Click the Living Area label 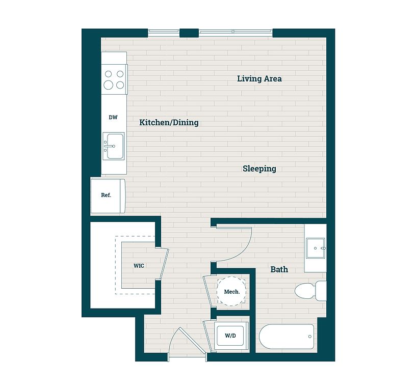tap(259, 79)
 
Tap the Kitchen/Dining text tap(169, 122)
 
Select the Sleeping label tap(259, 169)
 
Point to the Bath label tap(279, 269)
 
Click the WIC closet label tap(139, 266)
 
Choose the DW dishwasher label tap(113, 118)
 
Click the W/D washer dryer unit tap(230, 336)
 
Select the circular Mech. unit tap(231, 291)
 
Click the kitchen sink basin tap(114, 146)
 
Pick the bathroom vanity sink tap(316, 248)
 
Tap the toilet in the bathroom tap(310, 291)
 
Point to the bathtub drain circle tap(310, 337)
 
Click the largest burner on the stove tap(108, 85)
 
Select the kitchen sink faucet tap(109, 146)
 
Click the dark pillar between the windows tap(189, 33)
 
